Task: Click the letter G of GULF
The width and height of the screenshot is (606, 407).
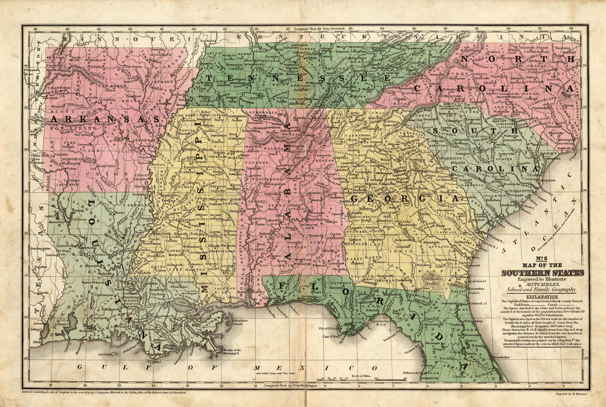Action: coord(80,367)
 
